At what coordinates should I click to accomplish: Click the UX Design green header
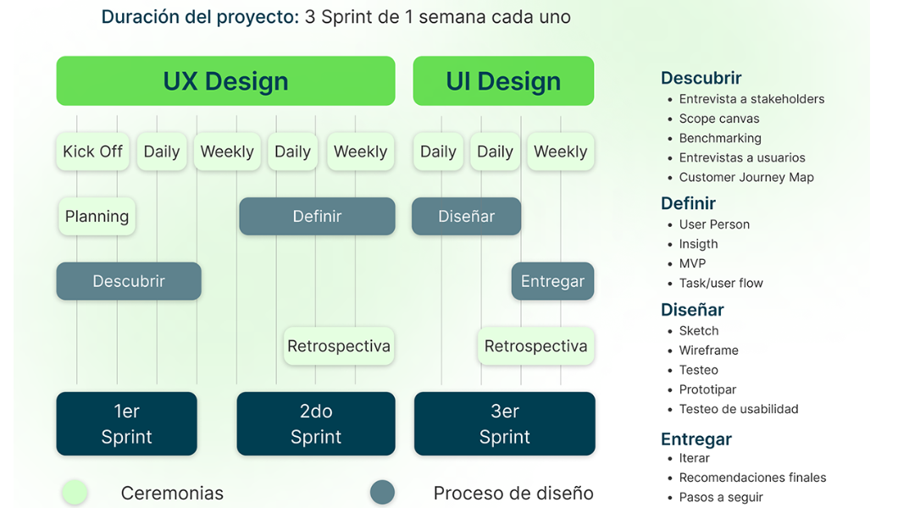pyautogui.click(x=225, y=81)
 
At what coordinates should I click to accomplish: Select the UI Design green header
pyautogui.click(x=503, y=81)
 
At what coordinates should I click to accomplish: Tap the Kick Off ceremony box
pyautogui.click(x=93, y=152)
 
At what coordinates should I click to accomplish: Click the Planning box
pyautogui.click(x=97, y=216)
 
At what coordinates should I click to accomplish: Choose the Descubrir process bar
pyautogui.click(x=129, y=281)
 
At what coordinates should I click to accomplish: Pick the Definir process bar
pyautogui.click(x=317, y=216)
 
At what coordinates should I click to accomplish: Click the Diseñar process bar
pyautogui.click(x=466, y=216)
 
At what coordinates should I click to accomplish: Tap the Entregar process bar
pyautogui.click(x=552, y=281)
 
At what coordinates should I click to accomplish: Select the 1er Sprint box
pyautogui.click(x=126, y=423)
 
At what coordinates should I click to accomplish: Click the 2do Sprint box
pyautogui.click(x=316, y=423)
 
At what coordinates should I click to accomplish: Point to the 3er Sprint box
pyautogui.click(x=505, y=423)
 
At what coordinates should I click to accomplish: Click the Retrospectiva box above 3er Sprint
pyautogui.click(x=535, y=346)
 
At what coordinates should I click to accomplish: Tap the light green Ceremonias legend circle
pyautogui.click(x=75, y=492)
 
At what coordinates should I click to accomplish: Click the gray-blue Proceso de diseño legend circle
pyautogui.click(x=383, y=492)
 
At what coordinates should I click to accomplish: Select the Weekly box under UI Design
pyautogui.click(x=560, y=152)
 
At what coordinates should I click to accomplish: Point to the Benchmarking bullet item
pyautogui.click(x=720, y=138)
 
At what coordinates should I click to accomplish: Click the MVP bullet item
pyautogui.click(x=692, y=263)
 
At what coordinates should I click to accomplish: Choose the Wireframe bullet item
pyautogui.click(x=708, y=351)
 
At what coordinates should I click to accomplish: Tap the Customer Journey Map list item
pyautogui.click(x=746, y=177)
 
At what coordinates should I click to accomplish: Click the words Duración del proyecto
pyautogui.click(x=200, y=17)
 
